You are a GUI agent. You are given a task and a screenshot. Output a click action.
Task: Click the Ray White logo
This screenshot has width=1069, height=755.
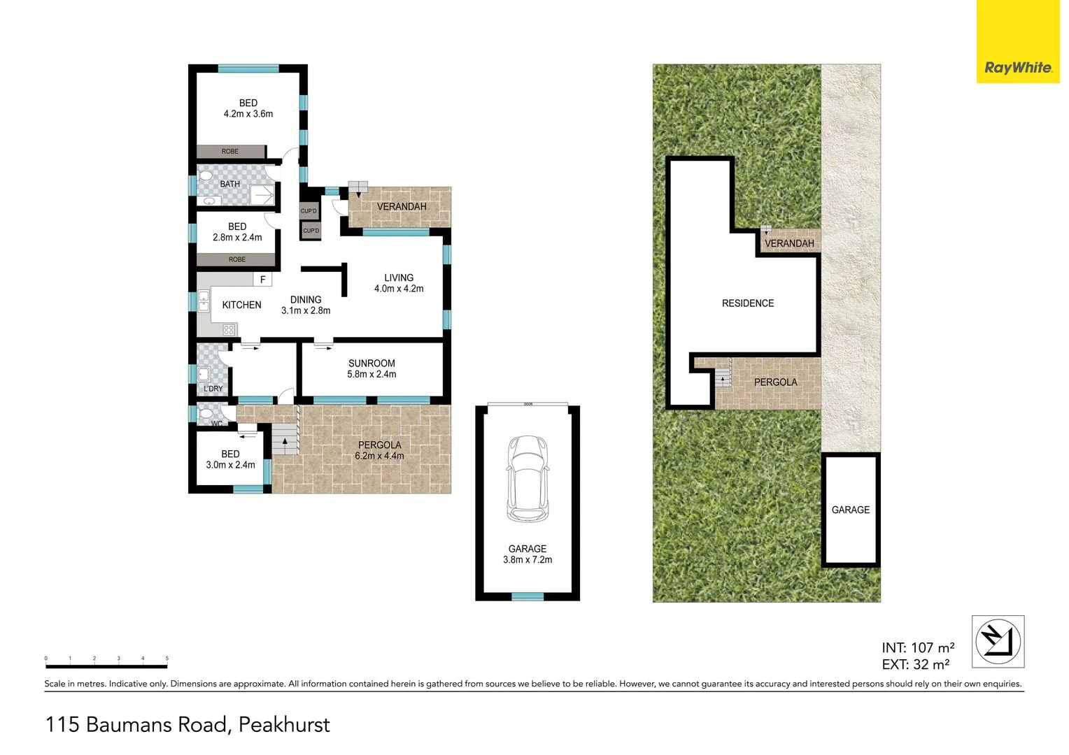(1017, 68)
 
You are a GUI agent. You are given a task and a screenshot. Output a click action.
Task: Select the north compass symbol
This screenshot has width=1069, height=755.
(998, 641)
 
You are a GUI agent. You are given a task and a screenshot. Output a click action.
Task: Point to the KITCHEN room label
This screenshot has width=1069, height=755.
(241, 305)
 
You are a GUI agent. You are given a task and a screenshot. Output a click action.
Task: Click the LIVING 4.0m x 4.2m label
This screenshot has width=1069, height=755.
(399, 283)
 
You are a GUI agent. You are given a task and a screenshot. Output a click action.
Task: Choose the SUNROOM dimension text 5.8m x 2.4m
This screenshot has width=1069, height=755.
(371, 374)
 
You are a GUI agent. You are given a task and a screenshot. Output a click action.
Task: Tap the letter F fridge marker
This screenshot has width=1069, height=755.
(263, 280)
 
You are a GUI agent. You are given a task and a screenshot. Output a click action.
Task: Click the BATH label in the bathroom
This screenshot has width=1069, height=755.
(229, 185)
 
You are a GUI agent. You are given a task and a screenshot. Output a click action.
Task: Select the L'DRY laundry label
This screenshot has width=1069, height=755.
(213, 389)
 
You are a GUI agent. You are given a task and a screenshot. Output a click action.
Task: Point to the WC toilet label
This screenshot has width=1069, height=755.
(217, 424)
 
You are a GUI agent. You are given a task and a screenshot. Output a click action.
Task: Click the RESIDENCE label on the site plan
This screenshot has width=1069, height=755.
(748, 303)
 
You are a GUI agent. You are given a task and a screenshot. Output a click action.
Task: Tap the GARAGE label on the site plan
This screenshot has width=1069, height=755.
(851, 510)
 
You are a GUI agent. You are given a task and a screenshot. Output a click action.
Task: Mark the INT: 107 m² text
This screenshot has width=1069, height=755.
(918, 648)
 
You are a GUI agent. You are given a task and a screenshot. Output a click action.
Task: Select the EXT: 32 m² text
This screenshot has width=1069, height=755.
(915, 665)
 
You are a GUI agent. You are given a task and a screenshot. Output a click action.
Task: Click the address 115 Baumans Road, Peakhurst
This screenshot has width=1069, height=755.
(187, 724)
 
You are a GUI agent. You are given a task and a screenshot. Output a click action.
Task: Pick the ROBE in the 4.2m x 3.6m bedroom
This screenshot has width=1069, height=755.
(230, 152)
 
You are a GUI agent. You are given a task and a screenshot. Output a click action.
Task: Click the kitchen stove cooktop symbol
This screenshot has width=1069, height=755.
(229, 330)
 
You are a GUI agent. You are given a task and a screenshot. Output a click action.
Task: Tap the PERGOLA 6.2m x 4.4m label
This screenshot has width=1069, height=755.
(379, 450)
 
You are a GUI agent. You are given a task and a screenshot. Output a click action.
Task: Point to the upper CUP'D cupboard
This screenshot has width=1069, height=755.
(309, 211)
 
